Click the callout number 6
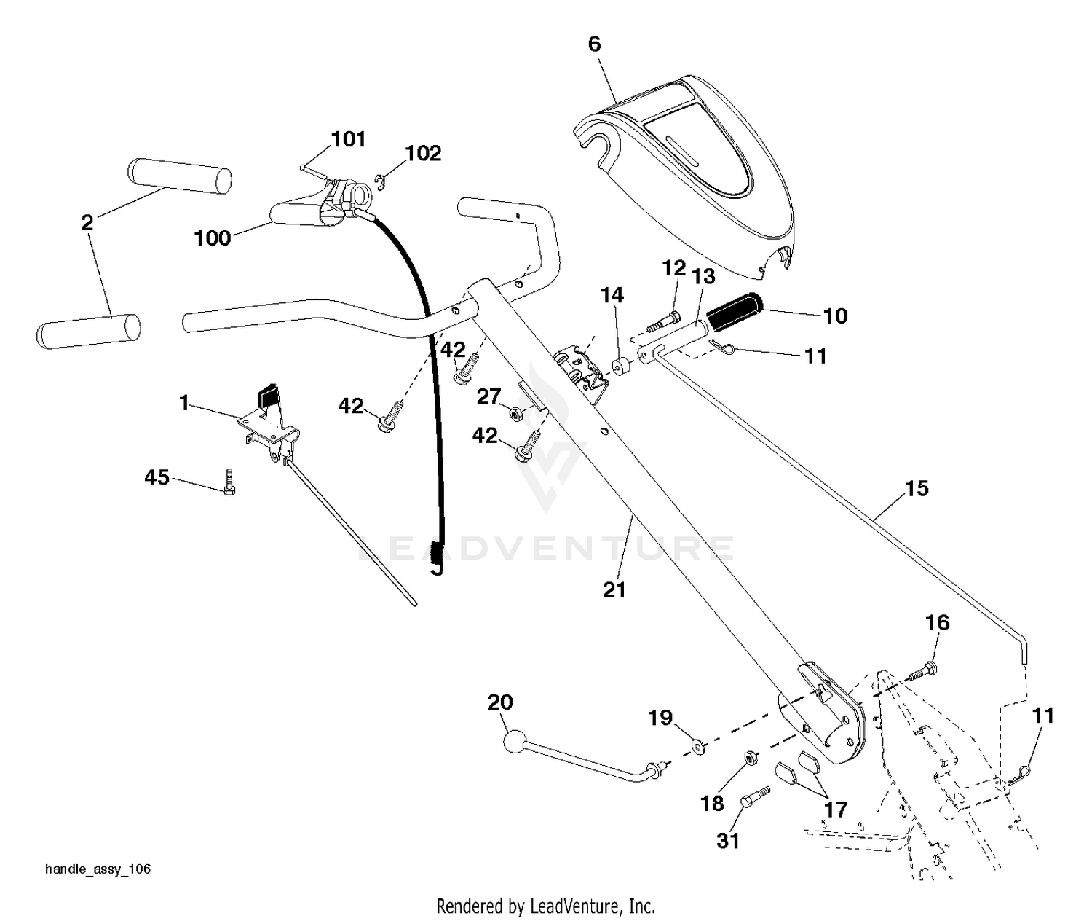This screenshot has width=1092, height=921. (594, 44)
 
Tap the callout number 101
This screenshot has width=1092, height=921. (349, 139)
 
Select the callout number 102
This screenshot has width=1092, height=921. (423, 153)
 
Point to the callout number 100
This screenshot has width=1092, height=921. (213, 238)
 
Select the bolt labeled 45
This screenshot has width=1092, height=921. (229, 482)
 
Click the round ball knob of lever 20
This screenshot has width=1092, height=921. (515, 742)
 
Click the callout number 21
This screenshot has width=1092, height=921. (614, 590)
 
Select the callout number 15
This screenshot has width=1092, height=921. (917, 488)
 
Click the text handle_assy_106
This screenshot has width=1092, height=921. (98, 869)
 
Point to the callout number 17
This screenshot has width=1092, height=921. (835, 810)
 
